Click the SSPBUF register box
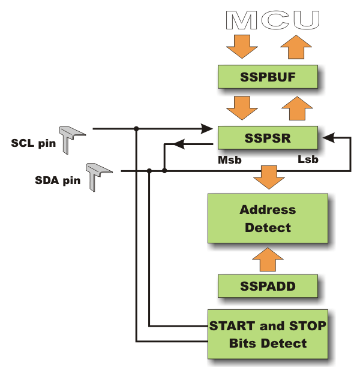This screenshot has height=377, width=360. coord(267,77)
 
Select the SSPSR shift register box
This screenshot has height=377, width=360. coord(267,138)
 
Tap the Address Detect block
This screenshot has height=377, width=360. coord(268,218)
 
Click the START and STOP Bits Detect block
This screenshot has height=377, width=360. coord(268,334)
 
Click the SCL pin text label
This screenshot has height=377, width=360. coord(33,143)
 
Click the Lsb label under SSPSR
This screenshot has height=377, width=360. coord(308,160)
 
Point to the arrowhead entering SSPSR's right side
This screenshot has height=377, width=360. coord(327,138)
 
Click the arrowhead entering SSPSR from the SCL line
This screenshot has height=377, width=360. coord(208,128)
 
